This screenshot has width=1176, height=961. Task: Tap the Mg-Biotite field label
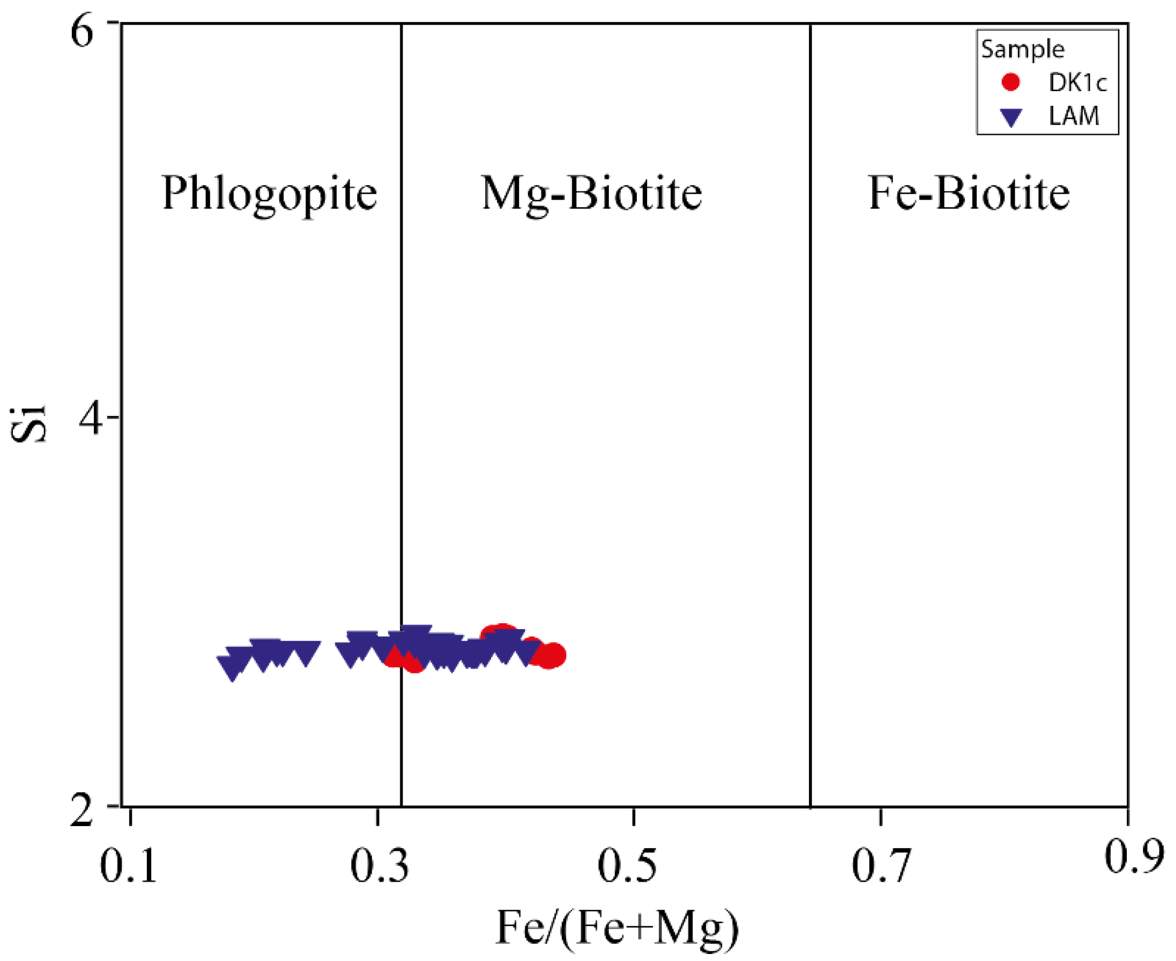tap(592, 194)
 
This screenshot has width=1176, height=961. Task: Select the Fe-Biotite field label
tap(968, 194)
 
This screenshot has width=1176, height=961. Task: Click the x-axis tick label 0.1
tap(128, 867)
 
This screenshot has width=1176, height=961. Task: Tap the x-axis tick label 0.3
tap(379, 867)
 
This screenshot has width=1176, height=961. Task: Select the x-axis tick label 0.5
tap(627, 867)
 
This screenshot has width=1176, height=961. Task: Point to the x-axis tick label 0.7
tap(881, 867)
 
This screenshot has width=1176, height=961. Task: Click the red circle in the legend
tap(1011, 82)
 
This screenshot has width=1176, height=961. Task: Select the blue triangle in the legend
tap(1011, 117)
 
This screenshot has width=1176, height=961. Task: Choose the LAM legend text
tap(1073, 116)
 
